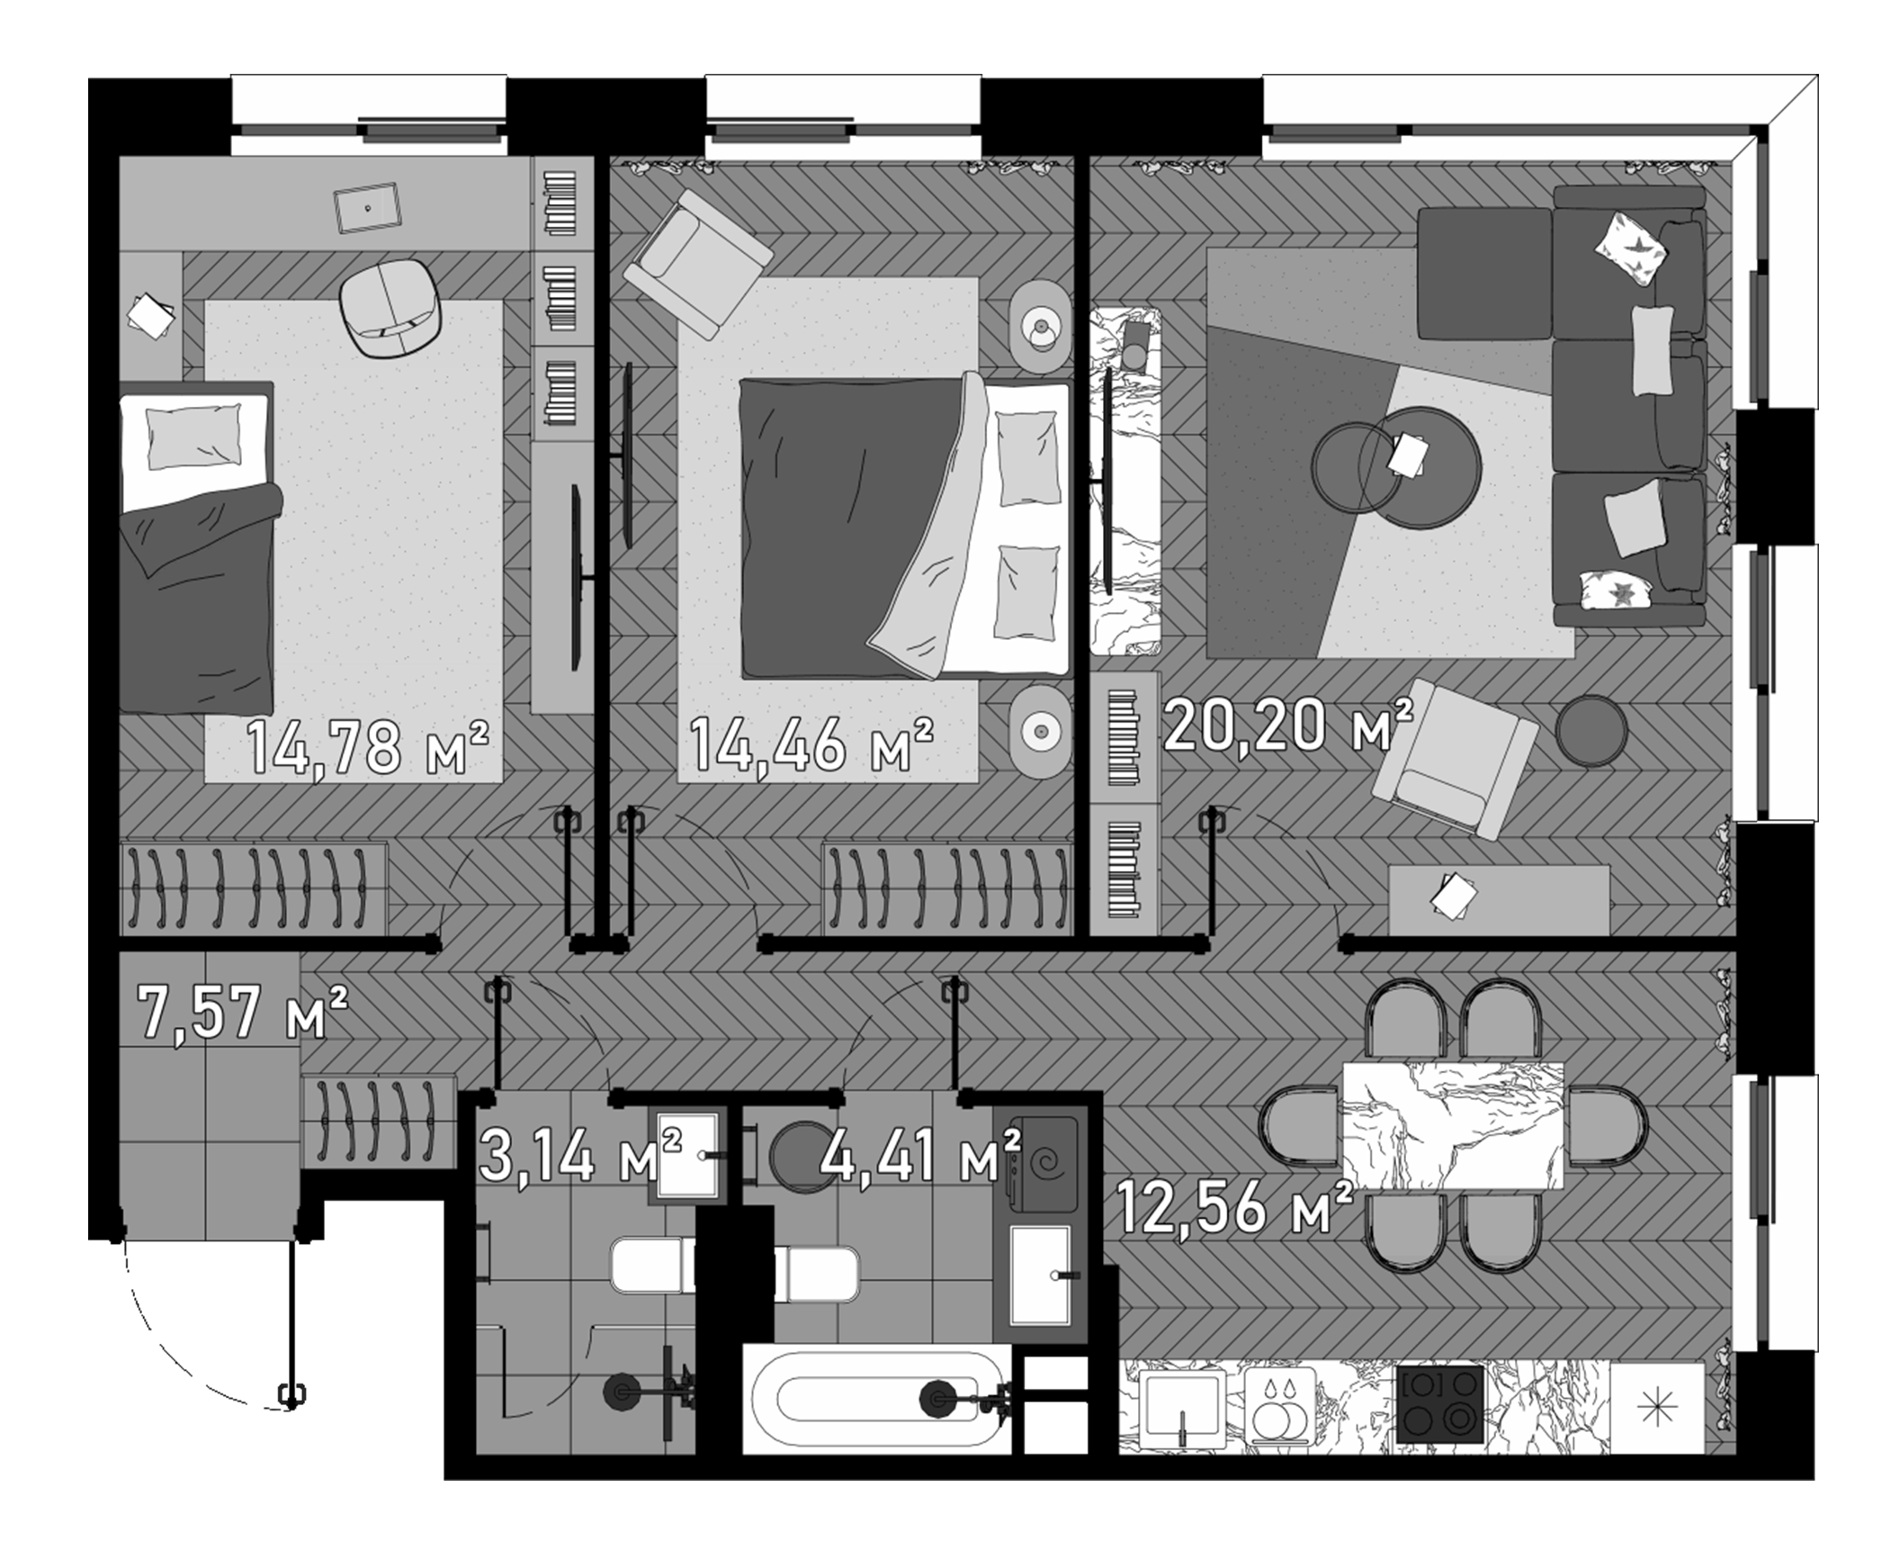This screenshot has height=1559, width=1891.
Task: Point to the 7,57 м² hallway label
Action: (241, 1012)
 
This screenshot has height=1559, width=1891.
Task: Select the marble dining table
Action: (1453, 1125)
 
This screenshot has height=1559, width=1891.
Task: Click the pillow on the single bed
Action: (194, 436)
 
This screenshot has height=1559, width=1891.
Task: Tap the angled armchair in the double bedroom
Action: (697, 263)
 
